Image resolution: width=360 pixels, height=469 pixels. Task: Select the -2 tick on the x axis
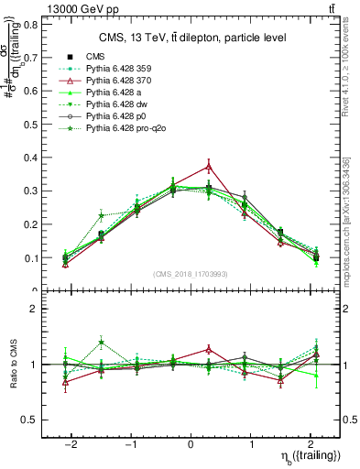72,443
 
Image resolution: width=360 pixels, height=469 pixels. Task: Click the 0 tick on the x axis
190,443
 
